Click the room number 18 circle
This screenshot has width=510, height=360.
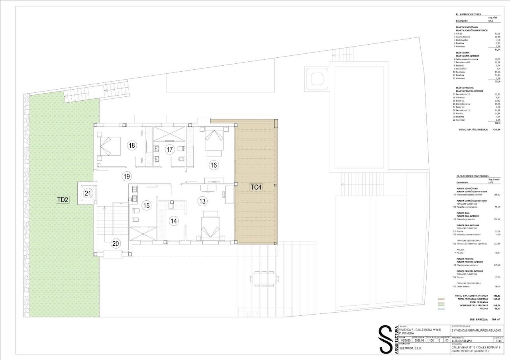(x=132, y=145)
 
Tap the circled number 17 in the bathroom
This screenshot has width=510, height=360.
(x=170, y=150)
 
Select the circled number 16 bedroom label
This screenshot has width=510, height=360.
(x=214, y=165)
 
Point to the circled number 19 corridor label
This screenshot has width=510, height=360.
(x=127, y=176)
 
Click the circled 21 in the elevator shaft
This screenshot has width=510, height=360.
(x=88, y=194)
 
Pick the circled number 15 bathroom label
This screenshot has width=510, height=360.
(x=147, y=205)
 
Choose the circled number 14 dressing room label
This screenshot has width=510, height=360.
(x=173, y=221)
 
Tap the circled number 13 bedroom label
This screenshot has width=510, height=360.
(x=202, y=202)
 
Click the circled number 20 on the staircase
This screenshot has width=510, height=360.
(x=116, y=243)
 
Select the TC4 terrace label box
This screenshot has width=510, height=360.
(x=256, y=187)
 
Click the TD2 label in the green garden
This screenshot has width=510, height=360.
(x=63, y=200)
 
